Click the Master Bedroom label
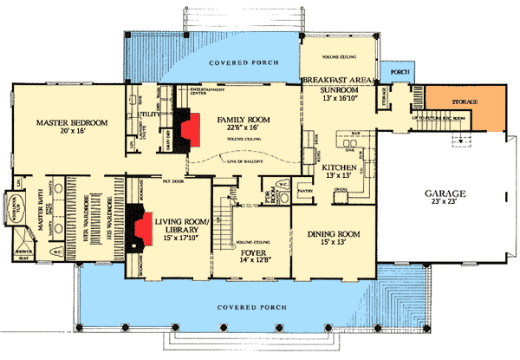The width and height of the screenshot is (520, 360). click(x=72, y=124)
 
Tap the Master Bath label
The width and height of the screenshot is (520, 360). click(x=39, y=227)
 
